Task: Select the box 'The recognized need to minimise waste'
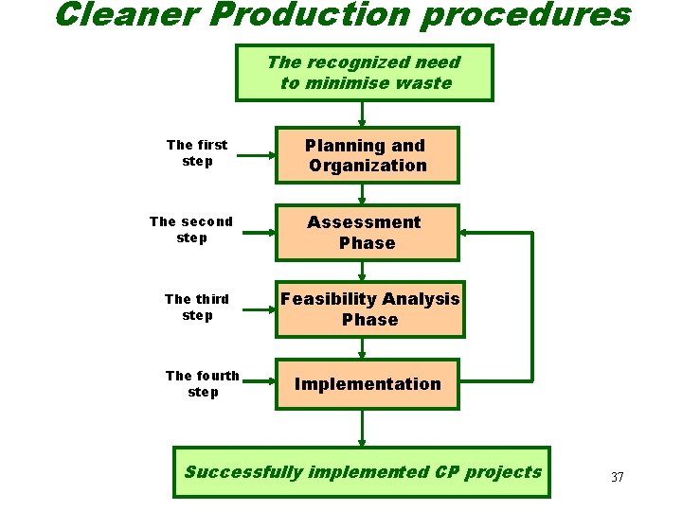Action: (365, 73)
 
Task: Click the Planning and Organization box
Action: (367, 155)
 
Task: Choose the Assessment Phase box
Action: (367, 233)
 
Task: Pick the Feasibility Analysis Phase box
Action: (369, 309)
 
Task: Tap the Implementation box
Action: (368, 384)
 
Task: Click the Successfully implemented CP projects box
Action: (362, 472)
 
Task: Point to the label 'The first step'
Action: (197, 152)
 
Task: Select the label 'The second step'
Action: (191, 229)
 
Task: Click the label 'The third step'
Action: (197, 307)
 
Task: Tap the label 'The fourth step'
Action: (203, 383)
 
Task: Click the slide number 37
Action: (618, 477)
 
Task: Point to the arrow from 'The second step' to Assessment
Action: (253, 230)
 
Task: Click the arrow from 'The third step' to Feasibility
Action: (253, 308)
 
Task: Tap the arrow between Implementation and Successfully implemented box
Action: (362, 428)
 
